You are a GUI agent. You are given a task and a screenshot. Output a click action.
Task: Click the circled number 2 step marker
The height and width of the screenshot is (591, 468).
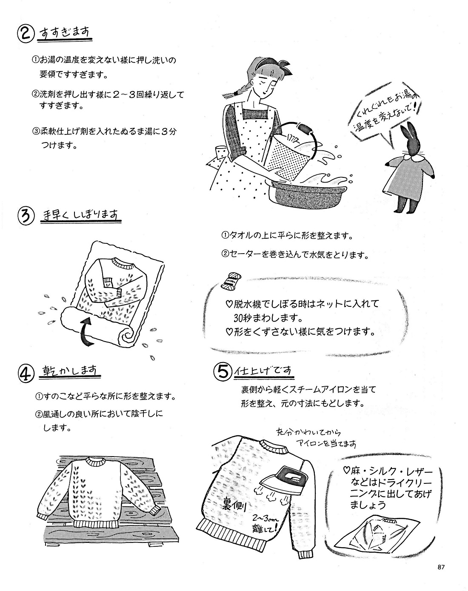[x=26, y=34]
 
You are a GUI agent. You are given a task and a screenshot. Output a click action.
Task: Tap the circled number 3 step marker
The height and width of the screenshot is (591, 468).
[x=26, y=216]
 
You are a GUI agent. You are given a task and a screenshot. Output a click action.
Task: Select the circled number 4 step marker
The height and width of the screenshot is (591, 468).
[x=26, y=374]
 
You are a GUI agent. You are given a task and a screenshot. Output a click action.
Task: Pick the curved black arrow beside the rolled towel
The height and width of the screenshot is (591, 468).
[x=87, y=332]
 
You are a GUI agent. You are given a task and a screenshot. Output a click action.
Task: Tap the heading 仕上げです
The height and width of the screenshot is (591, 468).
[x=264, y=371]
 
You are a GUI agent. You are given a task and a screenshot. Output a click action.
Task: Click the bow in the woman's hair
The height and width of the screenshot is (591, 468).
[x=283, y=66]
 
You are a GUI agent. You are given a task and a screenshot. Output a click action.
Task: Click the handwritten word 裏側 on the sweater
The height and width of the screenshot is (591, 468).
[x=234, y=505]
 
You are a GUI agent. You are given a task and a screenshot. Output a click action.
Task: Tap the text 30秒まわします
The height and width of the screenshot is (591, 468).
[x=268, y=318]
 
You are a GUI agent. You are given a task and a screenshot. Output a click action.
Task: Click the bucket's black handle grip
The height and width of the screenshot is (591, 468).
[x=305, y=128]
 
